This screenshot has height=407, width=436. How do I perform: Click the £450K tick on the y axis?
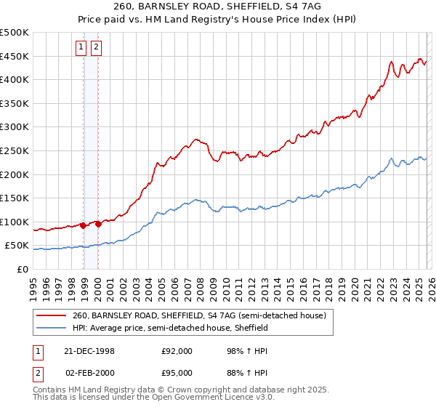click(x=15, y=56)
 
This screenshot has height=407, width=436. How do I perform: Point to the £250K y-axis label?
click(x=15, y=150)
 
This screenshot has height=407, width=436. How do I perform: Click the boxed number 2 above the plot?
click(x=96, y=48)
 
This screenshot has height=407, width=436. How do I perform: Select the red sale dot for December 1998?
click(x=83, y=225)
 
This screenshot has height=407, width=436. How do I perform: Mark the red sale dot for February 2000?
click(x=98, y=225)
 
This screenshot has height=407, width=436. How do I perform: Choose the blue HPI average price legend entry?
click(x=171, y=329)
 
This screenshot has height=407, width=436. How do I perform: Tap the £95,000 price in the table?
click(x=176, y=374)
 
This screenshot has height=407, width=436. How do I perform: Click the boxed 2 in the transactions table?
click(x=37, y=374)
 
